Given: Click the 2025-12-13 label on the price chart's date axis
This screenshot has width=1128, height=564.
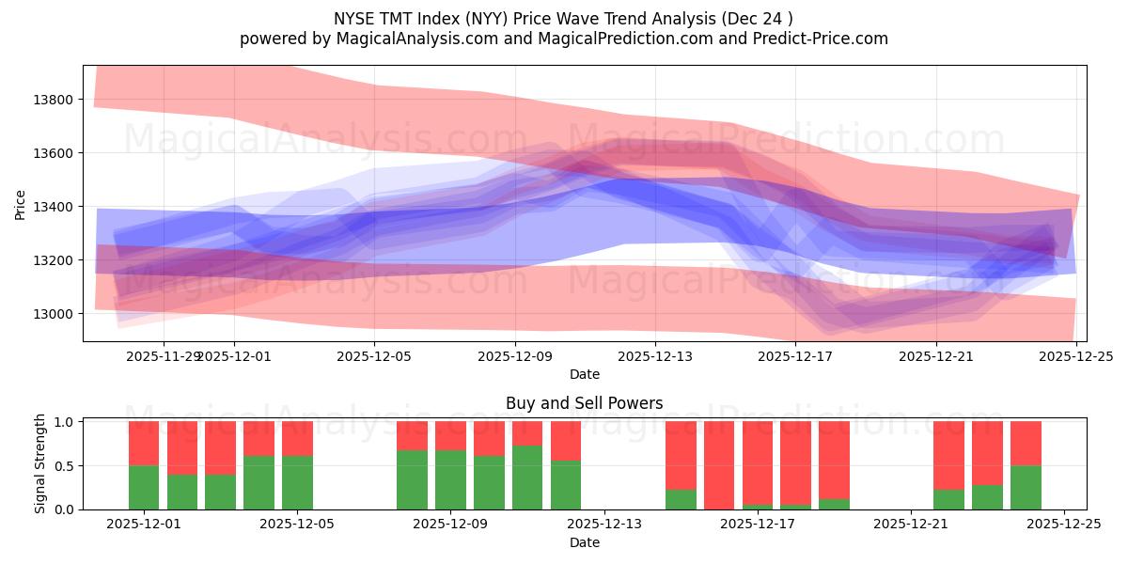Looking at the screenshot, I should click(x=655, y=356).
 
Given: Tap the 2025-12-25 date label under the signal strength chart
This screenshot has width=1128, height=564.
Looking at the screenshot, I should click(x=1064, y=525).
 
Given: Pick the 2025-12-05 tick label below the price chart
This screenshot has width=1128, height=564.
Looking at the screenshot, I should click(x=375, y=356).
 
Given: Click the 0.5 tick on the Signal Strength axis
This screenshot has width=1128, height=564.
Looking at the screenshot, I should click(x=66, y=466).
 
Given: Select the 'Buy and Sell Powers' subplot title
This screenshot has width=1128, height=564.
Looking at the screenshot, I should click(x=584, y=403).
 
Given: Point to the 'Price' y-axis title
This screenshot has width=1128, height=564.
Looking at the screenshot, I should click(x=21, y=204).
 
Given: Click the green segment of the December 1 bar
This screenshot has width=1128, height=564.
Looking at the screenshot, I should click(x=144, y=487).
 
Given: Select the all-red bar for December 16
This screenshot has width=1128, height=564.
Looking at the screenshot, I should click(x=719, y=465).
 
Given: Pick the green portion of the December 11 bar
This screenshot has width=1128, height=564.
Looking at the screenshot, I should click(x=527, y=478).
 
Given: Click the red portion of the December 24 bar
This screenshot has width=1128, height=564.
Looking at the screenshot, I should click(x=1026, y=443).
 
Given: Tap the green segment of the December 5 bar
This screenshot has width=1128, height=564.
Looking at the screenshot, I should click(x=297, y=482).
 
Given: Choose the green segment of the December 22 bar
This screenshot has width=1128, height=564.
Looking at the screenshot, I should click(x=948, y=499).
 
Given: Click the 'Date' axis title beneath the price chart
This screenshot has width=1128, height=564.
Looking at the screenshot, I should click(x=584, y=374).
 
